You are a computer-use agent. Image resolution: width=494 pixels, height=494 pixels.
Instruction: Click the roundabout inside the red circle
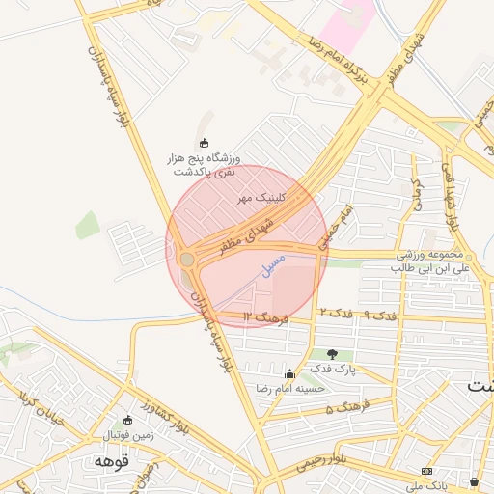[x=187, y=260]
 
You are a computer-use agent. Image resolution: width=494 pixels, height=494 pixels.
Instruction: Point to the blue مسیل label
[x=274, y=263]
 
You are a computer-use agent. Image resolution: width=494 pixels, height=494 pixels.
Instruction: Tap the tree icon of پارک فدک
[x=333, y=355]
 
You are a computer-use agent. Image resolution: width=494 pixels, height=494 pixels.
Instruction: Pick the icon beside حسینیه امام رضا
[x=289, y=373]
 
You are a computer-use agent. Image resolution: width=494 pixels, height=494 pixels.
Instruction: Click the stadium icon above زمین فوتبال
[x=128, y=421]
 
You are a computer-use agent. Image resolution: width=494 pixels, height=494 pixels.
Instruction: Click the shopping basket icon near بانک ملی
[x=474, y=480]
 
